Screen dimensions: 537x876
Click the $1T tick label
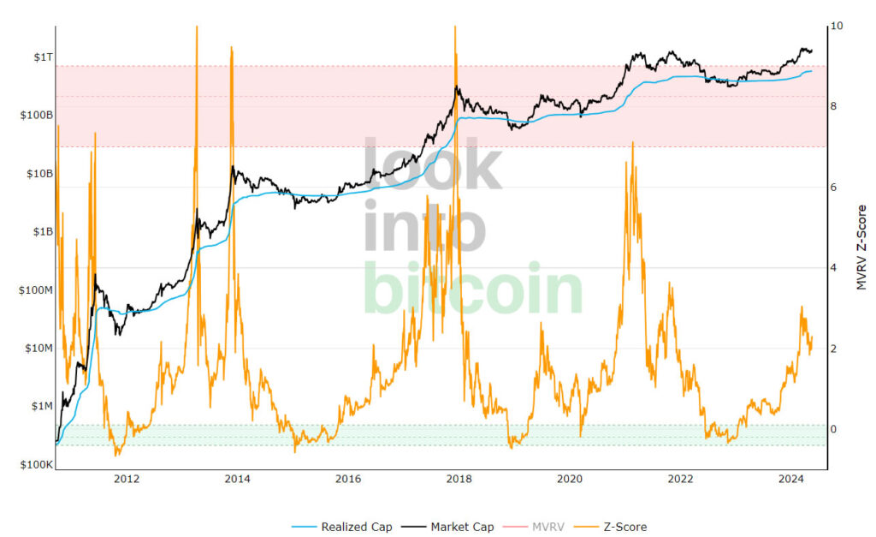(41, 57)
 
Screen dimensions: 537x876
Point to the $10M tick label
(38, 349)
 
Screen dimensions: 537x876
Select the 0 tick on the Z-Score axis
(834, 430)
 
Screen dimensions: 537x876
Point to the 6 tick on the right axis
(834, 188)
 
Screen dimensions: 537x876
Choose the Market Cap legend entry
(455, 527)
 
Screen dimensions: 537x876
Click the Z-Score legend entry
(616, 527)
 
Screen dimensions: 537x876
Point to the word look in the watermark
(433, 165)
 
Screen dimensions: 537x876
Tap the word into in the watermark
(425, 228)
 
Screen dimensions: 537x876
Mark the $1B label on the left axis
(41, 232)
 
